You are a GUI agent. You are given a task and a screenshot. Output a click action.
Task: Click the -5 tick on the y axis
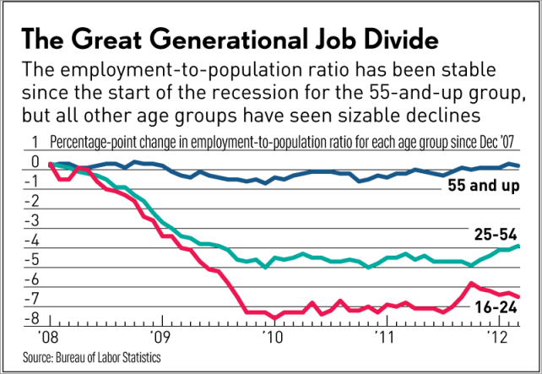pos(32,259)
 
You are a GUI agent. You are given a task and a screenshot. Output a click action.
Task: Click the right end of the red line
pos(518,296)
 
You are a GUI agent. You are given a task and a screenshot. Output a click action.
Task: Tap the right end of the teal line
pos(518,247)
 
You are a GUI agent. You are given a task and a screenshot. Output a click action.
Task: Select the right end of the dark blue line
pos(518,166)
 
